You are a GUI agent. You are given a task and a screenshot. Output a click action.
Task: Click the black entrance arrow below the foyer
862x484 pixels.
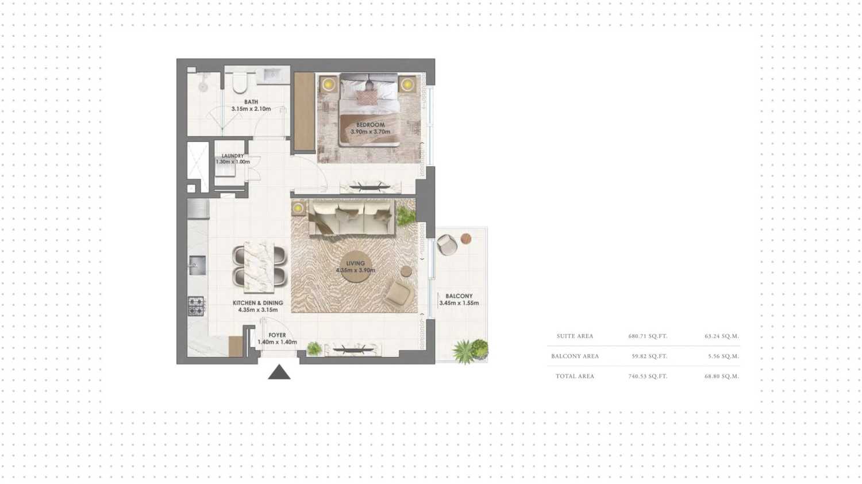click(279, 372)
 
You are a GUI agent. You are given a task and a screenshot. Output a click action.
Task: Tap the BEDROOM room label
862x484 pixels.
click(370, 125)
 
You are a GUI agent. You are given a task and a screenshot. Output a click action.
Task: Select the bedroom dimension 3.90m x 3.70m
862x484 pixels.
click(370, 132)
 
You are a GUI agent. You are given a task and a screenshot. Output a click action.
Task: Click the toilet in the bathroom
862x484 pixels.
click(240, 82)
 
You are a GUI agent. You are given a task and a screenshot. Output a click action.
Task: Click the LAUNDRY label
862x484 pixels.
click(232, 156)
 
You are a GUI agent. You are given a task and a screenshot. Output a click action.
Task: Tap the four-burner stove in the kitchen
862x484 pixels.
click(196, 306)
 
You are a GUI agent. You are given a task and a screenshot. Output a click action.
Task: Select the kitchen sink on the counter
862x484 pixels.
click(197, 266)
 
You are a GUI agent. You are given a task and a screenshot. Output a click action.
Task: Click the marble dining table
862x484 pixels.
click(259, 267)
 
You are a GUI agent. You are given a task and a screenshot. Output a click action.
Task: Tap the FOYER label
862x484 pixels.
click(277, 335)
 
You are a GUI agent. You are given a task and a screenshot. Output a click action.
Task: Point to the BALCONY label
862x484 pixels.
click(459, 296)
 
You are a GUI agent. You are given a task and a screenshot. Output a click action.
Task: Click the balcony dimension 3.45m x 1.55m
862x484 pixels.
click(459, 303)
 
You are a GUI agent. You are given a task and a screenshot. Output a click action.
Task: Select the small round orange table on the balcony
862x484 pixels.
click(466, 239)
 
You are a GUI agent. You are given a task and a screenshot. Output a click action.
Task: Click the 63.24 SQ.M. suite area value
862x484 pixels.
click(722, 336)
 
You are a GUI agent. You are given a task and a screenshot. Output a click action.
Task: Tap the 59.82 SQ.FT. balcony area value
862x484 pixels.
click(649, 356)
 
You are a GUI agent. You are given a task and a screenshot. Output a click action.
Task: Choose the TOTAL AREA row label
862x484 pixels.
click(575, 376)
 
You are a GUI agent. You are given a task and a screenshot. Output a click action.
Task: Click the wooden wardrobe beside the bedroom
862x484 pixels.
click(305, 112)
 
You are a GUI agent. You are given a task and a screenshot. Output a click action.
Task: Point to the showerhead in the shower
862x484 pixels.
click(203, 86)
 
